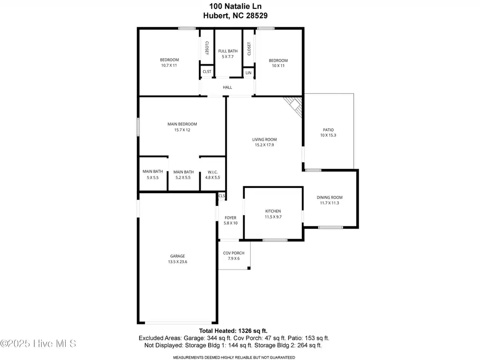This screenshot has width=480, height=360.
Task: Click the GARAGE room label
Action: pyautogui.click(x=178, y=256)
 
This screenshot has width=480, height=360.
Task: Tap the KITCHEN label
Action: pyautogui.click(x=273, y=211)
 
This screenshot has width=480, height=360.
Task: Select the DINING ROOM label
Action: pyautogui.click(x=330, y=197)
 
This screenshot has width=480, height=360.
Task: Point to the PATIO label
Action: pyautogui.click(x=328, y=130)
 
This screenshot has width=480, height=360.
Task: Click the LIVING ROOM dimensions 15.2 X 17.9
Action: pyautogui.click(x=264, y=145)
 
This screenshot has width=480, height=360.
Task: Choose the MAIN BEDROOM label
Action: pyautogui.click(x=182, y=124)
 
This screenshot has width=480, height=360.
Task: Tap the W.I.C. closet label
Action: pyautogui.click(x=213, y=172)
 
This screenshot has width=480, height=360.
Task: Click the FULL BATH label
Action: pyautogui.click(x=228, y=51)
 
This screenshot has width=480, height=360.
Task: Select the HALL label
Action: pyautogui.click(x=227, y=87)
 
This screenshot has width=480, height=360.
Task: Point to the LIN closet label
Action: pyautogui.click(x=248, y=73)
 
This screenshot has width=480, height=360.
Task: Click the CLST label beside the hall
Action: pyautogui.click(x=207, y=72)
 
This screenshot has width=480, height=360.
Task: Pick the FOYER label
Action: pyautogui.click(x=231, y=218)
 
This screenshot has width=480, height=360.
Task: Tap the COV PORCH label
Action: pyautogui.click(x=233, y=253)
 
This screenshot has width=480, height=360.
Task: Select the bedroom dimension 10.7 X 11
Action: pyautogui.click(x=169, y=65)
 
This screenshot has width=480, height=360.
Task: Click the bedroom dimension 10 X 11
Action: pyautogui.click(x=278, y=66)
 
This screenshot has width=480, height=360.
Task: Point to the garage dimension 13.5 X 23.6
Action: pyautogui.click(x=178, y=262)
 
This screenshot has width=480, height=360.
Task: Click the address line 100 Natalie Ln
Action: pyautogui.click(x=235, y=6)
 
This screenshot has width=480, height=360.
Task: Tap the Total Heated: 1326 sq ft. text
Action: pyautogui.click(x=233, y=330)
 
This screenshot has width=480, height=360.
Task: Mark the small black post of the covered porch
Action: pyautogui.click(x=249, y=268)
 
